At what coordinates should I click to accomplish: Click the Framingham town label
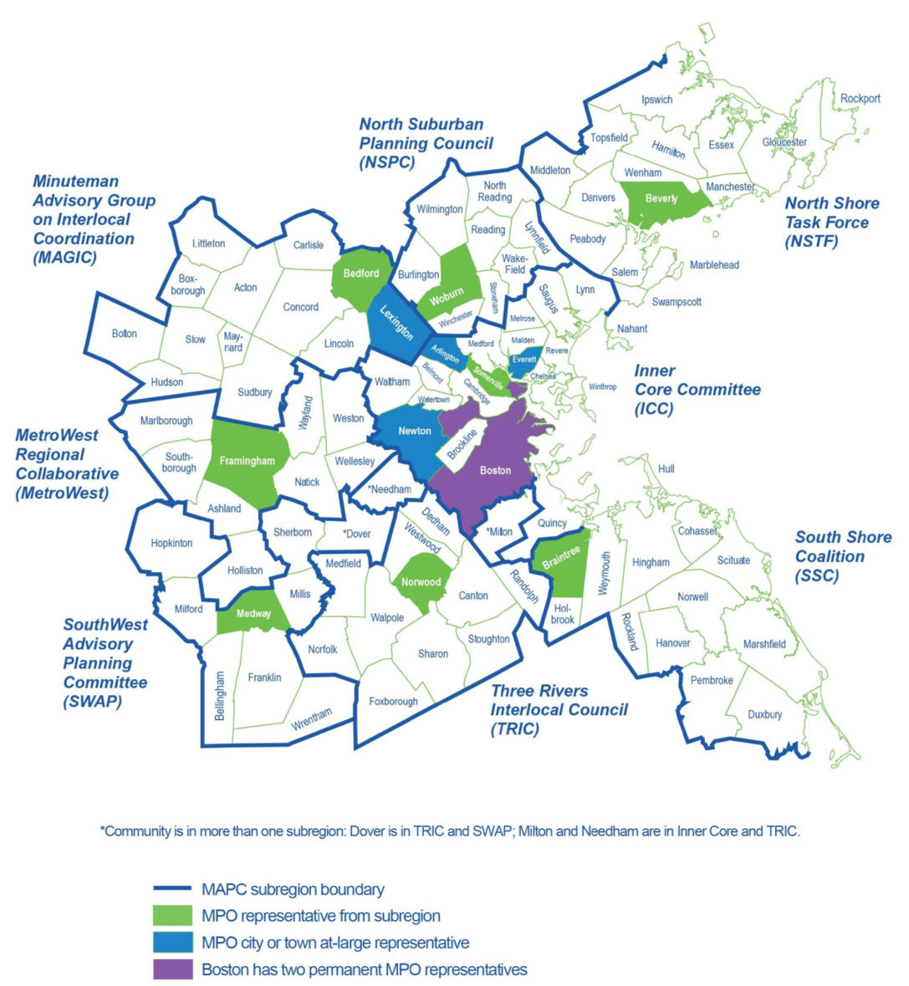click(x=247, y=461)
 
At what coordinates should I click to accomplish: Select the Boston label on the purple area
click(x=495, y=470)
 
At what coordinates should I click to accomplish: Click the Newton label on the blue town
click(x=415, y=431)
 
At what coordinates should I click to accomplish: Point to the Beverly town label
click(x=661, y=199)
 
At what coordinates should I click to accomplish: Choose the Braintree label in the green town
click(x=561, y=558)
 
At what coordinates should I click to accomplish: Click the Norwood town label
click(x=421, y=582)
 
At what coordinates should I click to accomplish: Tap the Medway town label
click(x=253, y=614)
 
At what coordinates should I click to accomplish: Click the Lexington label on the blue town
click(x=396, y=322)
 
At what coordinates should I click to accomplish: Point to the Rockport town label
click(x=860, y=99)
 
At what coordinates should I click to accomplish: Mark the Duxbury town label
click(x=764, y=714)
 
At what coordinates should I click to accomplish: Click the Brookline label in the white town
click(x=462, y=444)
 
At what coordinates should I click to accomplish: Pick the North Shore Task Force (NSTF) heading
click(x=831, y=222)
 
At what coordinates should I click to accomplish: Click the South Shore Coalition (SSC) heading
click(x=842, y=556)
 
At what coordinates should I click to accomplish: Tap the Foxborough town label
click(x=393, y=702)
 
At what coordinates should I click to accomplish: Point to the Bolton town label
click(x=125, y=334)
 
